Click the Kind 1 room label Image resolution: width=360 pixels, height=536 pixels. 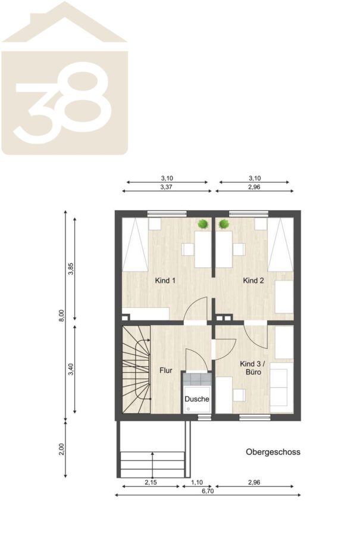[x=165, y=281]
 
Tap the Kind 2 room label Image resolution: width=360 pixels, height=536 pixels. [x=253, y=281]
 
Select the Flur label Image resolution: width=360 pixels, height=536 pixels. [x=166, y=370]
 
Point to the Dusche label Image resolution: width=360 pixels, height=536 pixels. [x=197, y=399]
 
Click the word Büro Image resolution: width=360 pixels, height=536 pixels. [x=253, y=372]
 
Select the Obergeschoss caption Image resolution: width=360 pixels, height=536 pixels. [x=273, y=452]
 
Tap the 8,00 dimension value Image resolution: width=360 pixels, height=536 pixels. [x=61, y=315]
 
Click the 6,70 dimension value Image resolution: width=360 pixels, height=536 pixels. [x=207, y=491]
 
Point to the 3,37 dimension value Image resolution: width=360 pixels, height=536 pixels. [x=167, y=187]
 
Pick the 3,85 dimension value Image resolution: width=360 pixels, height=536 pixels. [x=71, y=269]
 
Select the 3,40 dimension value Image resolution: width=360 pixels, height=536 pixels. [x=71, y=369]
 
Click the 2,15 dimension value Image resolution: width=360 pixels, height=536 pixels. [x=151, y=482]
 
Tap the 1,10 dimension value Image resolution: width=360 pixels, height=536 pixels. [x=197, y=482]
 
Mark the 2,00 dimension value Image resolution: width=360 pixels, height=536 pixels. [x=61, y=450]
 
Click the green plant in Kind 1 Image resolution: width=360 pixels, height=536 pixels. [x=204, y=225]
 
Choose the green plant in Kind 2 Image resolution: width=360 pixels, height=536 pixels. [x=224, y=225]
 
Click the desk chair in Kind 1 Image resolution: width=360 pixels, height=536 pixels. [x=188, y=249]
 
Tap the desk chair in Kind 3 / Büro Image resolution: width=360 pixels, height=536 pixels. [x=239, y=395]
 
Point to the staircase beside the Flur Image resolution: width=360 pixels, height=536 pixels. [x=136, y=369]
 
